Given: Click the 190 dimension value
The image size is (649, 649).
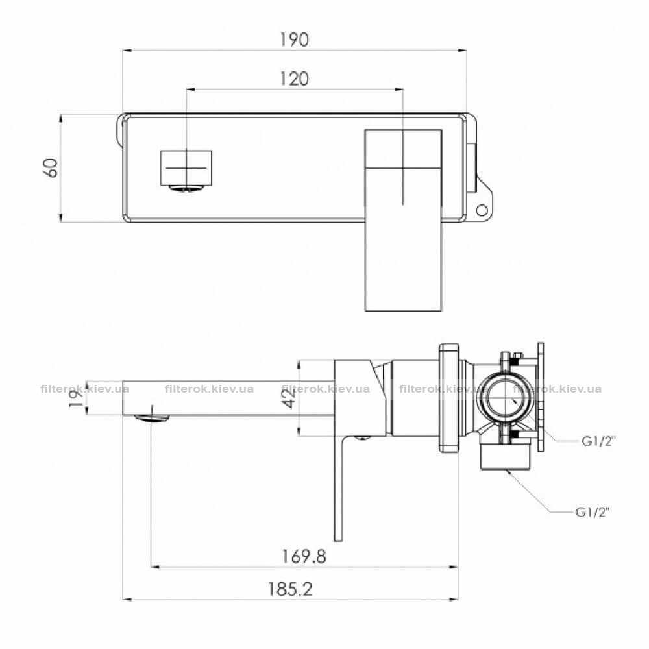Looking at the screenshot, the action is point(294,40).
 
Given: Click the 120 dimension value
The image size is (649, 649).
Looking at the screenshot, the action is point(294,79).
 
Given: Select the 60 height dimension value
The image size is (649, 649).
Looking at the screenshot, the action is point(52,168).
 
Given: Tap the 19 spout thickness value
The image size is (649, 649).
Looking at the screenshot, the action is point(77,398).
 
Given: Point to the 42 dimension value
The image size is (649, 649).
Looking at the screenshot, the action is point(290,398).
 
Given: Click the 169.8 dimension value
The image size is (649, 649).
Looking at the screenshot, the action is point(304,556).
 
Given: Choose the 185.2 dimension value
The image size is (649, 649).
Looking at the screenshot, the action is point(290,589).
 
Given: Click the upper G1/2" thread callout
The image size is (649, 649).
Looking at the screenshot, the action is point(599,441).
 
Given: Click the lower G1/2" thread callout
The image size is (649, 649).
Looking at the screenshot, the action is point(593,513).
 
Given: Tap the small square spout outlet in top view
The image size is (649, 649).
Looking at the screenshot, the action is point(186,168).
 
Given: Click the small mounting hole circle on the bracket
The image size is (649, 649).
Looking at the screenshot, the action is point(482,210).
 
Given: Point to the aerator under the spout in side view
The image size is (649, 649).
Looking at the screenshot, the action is point(151,418).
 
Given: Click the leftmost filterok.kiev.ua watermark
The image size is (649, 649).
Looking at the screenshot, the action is point(85,389).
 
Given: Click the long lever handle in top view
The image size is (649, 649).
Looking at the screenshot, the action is point(403,220).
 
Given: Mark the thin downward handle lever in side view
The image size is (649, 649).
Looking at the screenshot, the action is point(339,489).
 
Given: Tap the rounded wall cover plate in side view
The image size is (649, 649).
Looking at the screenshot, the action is point(449,398).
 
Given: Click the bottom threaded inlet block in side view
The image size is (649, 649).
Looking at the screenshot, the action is point(506,456).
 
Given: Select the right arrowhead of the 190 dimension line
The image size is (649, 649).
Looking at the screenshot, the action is point(462,51).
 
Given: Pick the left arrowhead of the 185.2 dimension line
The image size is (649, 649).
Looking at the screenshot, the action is point(128,599).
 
